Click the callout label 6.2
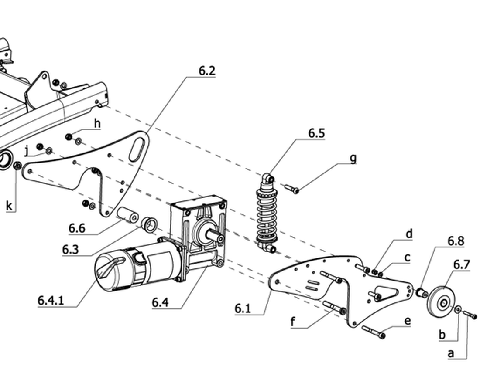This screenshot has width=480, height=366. tap(207, 71)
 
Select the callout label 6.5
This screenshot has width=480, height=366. tap(316, 133)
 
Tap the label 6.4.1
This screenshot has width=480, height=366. tap(51, 300)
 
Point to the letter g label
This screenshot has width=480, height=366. tap(353, 159)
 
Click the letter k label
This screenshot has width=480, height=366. tap(10, 206)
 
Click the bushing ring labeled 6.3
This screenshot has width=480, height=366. tap(150, 225)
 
